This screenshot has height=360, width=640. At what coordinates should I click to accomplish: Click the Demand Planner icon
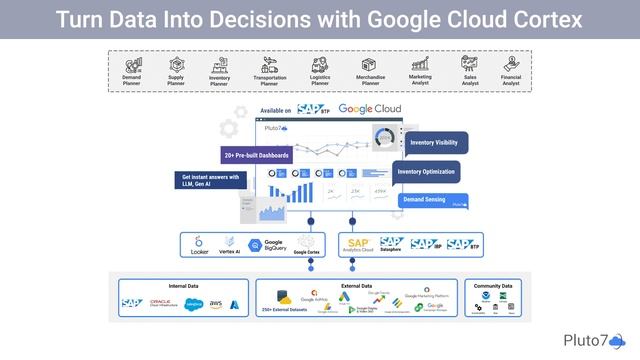pyautogui.click(x=132, y=64)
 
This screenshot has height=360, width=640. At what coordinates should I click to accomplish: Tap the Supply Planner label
pyautogui.click(x=176, y=80)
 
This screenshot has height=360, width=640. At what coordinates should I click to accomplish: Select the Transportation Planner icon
pyautogui.click(x=269, y=64)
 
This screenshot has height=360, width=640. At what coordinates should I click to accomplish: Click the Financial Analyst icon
pyautogui.click(x=510, y=64)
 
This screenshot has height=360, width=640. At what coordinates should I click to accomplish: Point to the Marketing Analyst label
pyautogui.click(x=420, y=80)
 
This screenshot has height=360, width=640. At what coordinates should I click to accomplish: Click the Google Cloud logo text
pyautogui.click(x=371, y=109)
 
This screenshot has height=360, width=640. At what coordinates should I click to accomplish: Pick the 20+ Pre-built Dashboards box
pyautogui.click(x=256, y=156)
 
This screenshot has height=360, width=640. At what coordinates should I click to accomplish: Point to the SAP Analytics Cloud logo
pyautogui.click(x=358, y=244)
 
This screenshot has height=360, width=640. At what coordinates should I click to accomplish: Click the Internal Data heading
pyautogui.click(x=183, y=286)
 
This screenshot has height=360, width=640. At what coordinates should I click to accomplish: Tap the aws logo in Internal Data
pyautogui.click(x=214, y=303)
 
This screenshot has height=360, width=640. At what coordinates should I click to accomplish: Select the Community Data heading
pyautogui.click(x=492, y=286)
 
